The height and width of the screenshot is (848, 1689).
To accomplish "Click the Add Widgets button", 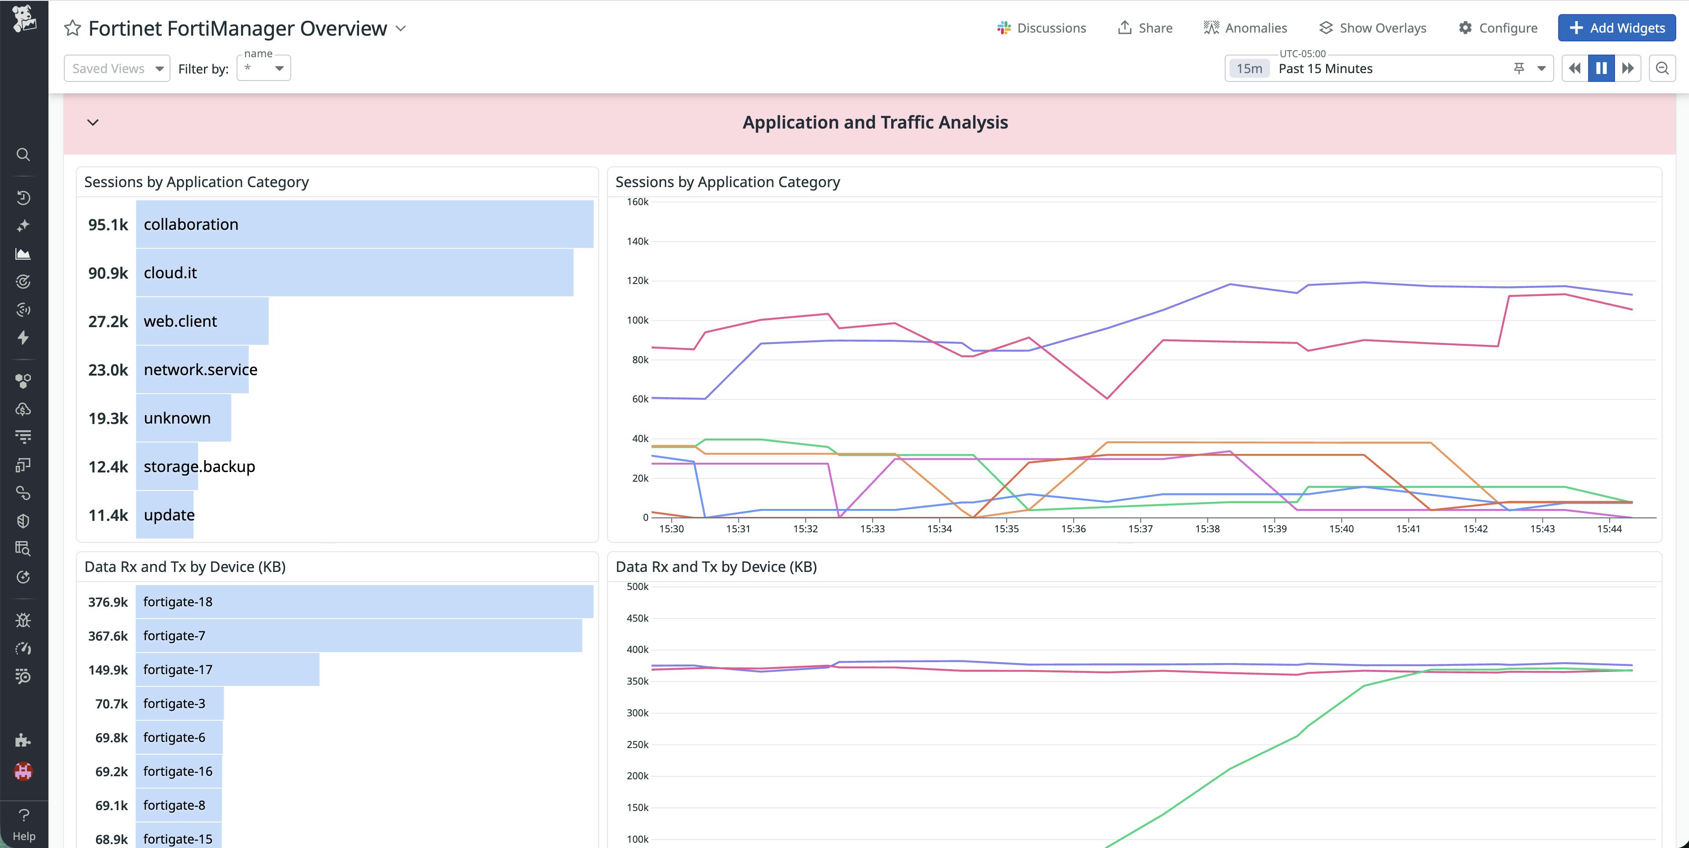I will tap(1616, 28).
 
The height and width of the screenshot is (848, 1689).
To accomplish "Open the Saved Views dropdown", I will tap(117, 68).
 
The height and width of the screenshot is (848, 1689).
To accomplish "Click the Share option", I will tap(1145, 28).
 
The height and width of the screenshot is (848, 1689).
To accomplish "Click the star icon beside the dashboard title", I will tap(72, 28).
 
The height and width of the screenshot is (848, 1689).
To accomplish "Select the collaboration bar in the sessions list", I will tap(365, 224).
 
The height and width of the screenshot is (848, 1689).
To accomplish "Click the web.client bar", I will tap(203, 321).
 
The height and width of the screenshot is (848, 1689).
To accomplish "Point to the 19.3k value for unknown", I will tap(108, 418).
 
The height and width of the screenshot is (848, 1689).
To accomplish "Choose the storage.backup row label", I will tap(199, 467).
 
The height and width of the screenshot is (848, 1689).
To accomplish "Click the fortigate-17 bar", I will tap(227, 670).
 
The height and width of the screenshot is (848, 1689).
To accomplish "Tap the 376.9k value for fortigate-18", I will tap(108, 601).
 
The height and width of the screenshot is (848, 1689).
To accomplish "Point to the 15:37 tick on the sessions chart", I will tap(1140, 529).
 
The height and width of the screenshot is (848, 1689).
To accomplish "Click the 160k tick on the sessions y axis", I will tap(637, 202).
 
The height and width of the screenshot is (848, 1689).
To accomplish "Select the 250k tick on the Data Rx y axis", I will tap(637, 745).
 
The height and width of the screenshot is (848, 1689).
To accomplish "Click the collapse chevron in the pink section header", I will tap(93, 122).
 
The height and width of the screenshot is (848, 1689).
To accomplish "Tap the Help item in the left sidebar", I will tap(24, 824).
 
